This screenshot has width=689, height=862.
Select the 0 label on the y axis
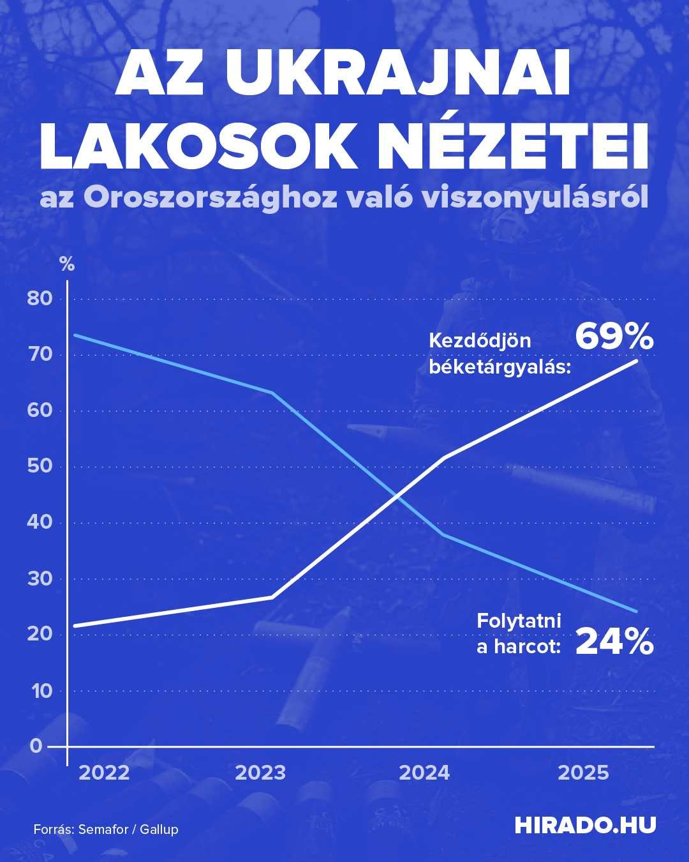tap(35, 746)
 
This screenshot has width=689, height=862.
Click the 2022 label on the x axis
tap(104, 773)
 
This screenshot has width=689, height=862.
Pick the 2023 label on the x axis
tap(260, 773)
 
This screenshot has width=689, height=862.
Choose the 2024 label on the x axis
tap(424, 773)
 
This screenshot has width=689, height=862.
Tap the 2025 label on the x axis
tap(583, 773)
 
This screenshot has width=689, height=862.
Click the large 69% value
tap(614, 337)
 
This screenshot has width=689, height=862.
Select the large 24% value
tap(614, 642)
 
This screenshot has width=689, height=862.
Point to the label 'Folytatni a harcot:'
tap(519, 633)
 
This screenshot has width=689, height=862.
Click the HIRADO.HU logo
tap(585, 825)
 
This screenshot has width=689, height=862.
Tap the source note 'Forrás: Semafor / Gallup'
tap(106, 829)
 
